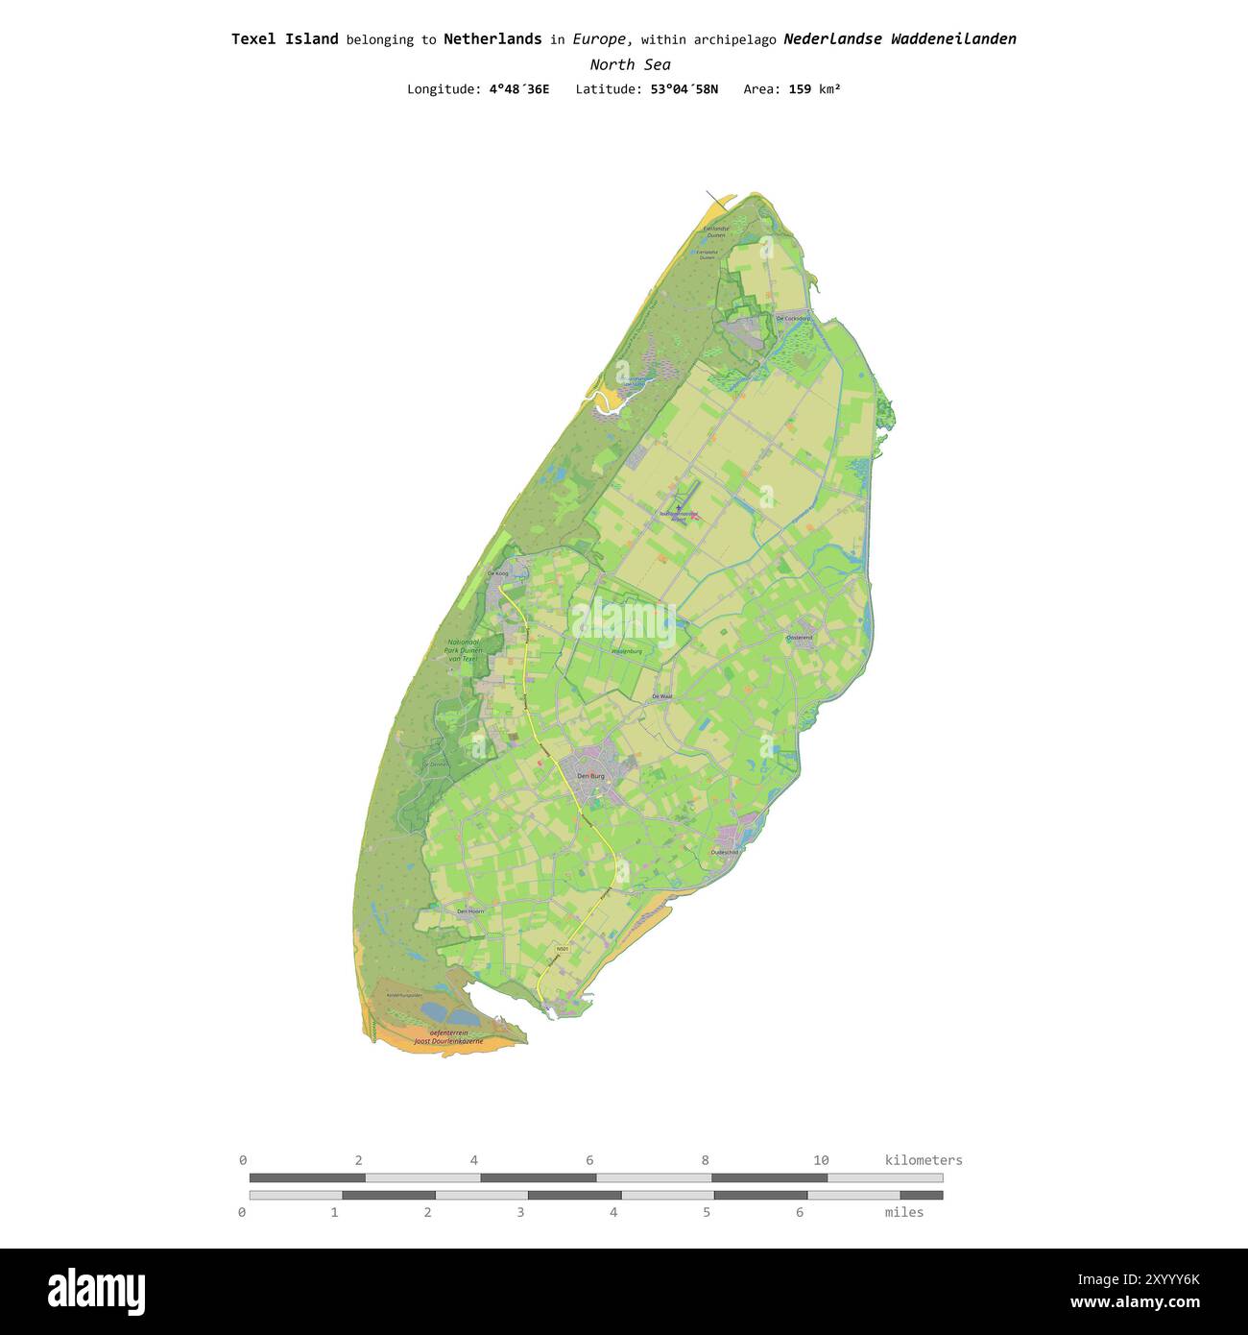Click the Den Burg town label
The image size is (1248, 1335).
coord(590,775)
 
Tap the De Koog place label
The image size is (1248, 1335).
coord(497,573)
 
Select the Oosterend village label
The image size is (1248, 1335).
coord(800,637)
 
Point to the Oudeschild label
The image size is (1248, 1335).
coord(725,852)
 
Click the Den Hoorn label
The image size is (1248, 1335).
coord(470,910)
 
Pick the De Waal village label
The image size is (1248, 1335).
coord(662,695)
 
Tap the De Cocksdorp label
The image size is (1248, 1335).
coord(793,318)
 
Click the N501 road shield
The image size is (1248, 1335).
coord(563,949)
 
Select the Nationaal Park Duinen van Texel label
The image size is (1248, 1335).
coord(462,650)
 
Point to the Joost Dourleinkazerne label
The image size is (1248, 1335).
coord(448,1040)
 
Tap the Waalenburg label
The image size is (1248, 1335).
coord(626,651)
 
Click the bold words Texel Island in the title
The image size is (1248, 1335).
coord(284,39)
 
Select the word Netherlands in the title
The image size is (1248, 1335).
coord(492,39)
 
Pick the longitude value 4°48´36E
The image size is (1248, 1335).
coord(519,89)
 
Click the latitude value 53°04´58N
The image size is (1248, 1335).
coord(677,89)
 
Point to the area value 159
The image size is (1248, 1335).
coord(800,89)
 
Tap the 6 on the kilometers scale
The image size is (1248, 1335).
coord(589,1160)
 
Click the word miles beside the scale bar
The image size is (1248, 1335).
coord(903,1212)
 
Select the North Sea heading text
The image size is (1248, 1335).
coord(630,64)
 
